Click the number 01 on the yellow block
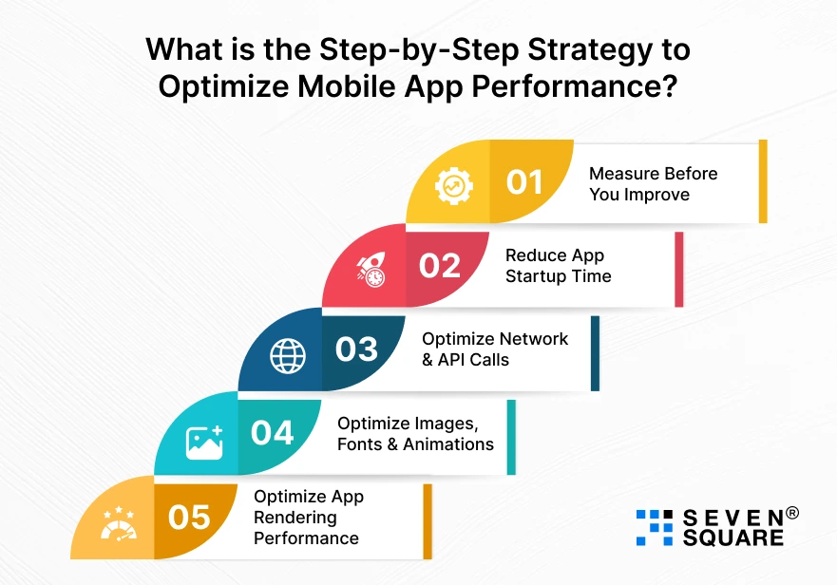click(524, 181)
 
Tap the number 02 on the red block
click(440, 265)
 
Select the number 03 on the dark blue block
click(356, 349)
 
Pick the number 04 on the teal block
click(273, 432)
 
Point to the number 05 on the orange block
click(189, 517)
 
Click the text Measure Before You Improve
click(653, 183)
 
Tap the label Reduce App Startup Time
click(558, 266)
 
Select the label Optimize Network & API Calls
click(494, 349)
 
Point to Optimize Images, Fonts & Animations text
click(415, 433)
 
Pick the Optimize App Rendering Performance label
click(308, 518)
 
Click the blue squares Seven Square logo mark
click(654, 527)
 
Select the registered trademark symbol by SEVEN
click(791, 513)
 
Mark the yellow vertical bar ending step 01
click(762, 181)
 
